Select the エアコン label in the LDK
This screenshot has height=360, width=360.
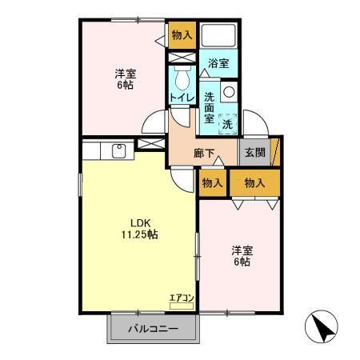click(182, 298)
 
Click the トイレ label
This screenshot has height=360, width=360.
click(180, 98)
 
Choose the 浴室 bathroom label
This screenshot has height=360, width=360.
click(219, 63)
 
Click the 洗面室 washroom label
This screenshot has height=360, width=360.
click(208, 106)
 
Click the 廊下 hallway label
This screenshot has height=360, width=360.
click(204, 152)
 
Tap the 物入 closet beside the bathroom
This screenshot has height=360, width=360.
click(182, 34)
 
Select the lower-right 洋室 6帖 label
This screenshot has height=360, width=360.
click(240, 254)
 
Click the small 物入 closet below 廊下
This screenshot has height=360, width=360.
click(211, 184)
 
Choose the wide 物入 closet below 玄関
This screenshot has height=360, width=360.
click(254, 184)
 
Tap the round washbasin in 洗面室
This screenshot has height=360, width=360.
click(228, 91)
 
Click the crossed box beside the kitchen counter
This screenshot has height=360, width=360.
click(147, 144)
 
